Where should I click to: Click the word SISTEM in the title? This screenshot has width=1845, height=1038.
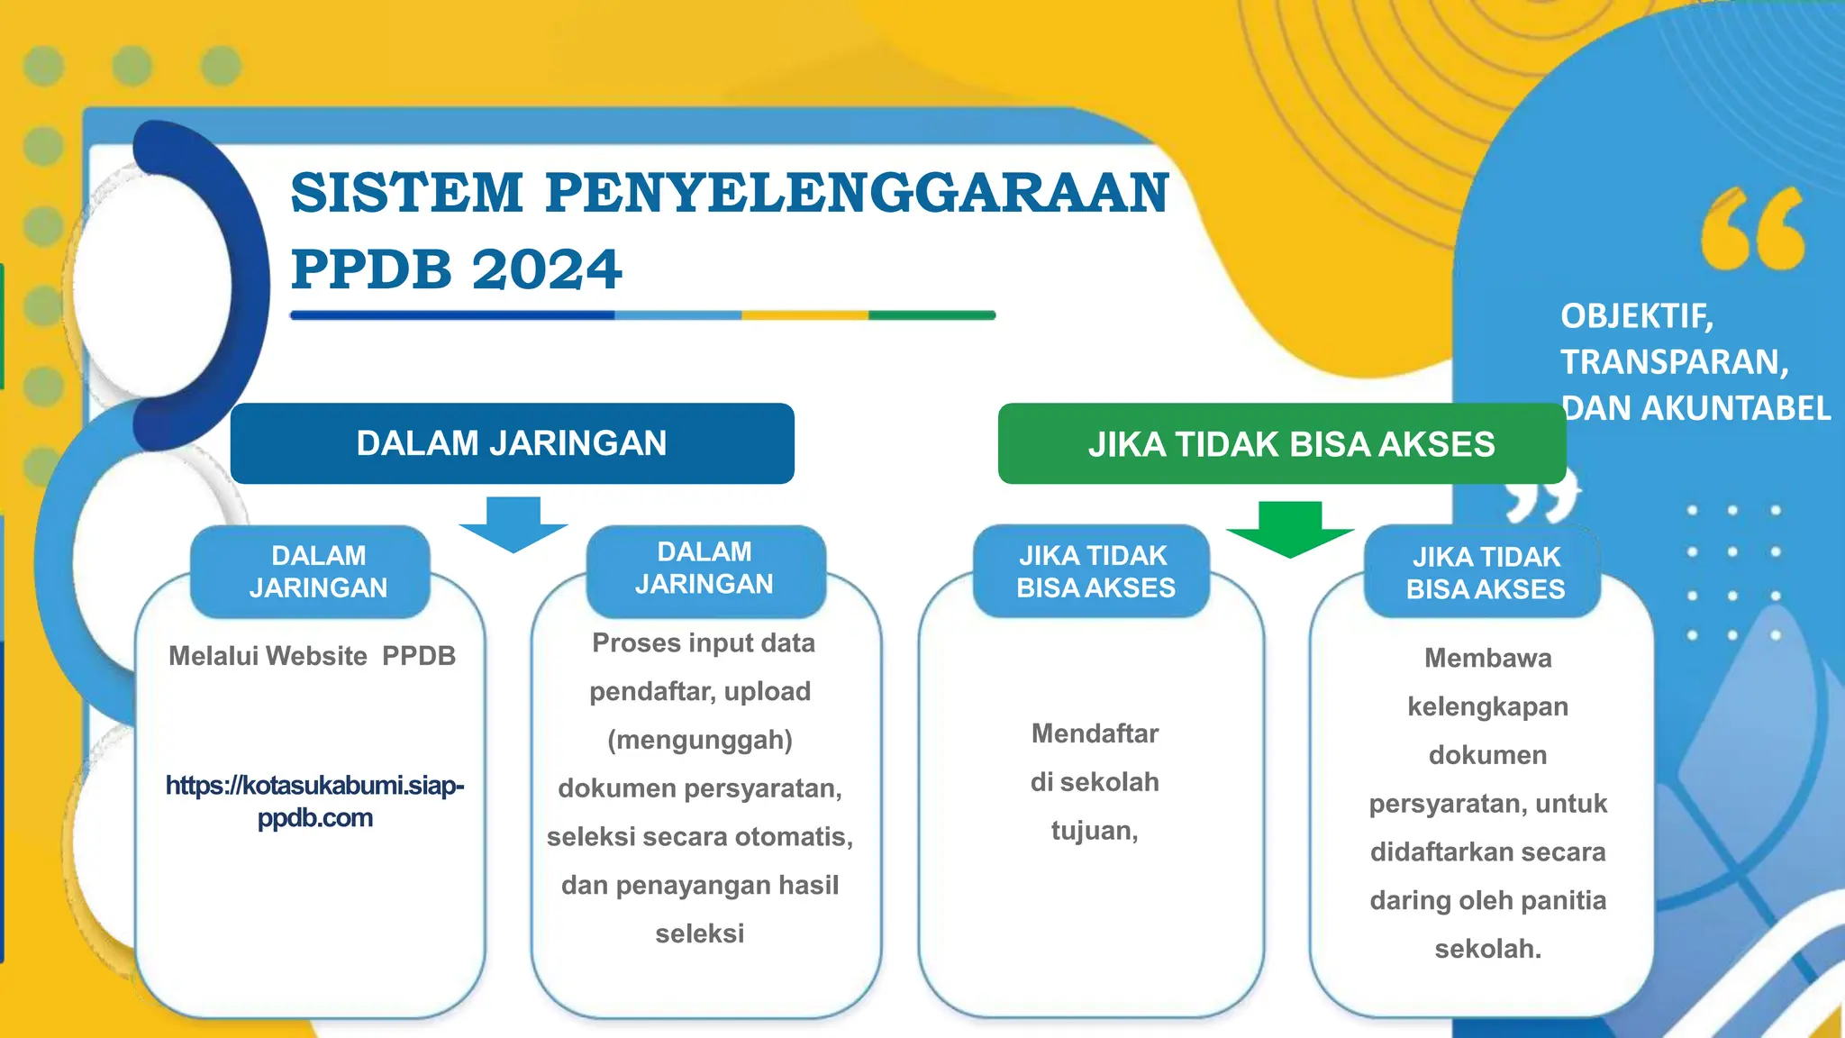tap(406, 193)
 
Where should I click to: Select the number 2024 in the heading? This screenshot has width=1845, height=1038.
tap(547, 269)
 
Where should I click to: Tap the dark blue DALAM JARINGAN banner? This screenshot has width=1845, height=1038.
tap(512, 443)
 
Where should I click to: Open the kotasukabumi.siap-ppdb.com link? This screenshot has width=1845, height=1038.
tap(314, 801)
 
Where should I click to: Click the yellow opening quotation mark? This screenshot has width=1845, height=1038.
tap(1751, 229)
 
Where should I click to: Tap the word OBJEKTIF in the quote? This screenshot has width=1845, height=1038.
tap(1634, 316)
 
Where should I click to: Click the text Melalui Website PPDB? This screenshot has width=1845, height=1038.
tap(312, 656)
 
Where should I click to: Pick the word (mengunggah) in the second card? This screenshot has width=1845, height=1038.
tap(700, 740)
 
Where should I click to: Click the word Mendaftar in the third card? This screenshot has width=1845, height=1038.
tap(1095, 733)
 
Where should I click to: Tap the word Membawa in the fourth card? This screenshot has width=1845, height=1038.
tap(1487, 659)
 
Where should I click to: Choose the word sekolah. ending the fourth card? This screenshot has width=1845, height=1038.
tap(1487, 949)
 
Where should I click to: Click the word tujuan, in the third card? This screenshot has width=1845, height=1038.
tap(1095, 830)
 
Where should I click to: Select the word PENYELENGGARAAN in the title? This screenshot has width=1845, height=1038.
tap(857, 193)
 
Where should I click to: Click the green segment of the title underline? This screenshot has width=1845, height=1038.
tap(932, 315)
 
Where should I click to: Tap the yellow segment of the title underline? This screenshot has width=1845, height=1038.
tap(804, 315)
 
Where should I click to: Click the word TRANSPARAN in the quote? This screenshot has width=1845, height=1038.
tap(1672, 362)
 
